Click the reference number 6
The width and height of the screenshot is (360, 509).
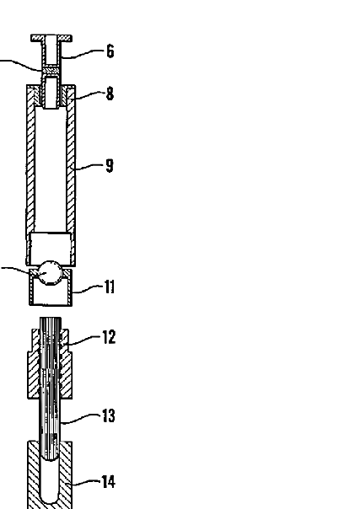point(110,51)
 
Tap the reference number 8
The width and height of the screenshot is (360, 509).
point(110,94)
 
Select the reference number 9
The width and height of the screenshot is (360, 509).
point(110,165)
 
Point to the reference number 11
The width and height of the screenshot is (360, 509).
point(110,287)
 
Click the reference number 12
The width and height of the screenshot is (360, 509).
point(109,337)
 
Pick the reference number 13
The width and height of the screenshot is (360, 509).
point(109,415)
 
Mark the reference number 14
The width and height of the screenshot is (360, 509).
point(109,482)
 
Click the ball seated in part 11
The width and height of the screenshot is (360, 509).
point(50,273)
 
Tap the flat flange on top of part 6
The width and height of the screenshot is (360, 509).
point(51,38)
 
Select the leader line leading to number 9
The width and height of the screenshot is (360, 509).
point(89,167)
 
